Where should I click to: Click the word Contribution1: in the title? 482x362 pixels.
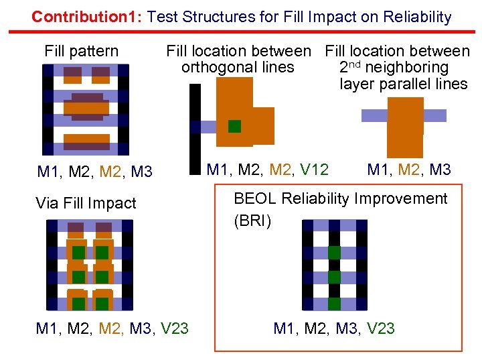[x=87, y=17]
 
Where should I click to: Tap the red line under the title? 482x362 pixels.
[x=241, y=32]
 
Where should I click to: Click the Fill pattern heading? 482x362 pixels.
[x=81, y=51]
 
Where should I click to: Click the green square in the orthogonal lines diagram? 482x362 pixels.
[x=234, y=126]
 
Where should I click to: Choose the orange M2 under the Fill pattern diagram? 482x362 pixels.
[x=110, y=172]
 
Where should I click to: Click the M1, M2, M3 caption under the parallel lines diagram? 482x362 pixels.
[x=409, y=170]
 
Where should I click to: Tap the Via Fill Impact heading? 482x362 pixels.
[x=86, y=203]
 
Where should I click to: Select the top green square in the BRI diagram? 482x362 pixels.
[x=334, y=252]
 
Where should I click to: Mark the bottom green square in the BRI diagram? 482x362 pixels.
[x=334, y=303]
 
